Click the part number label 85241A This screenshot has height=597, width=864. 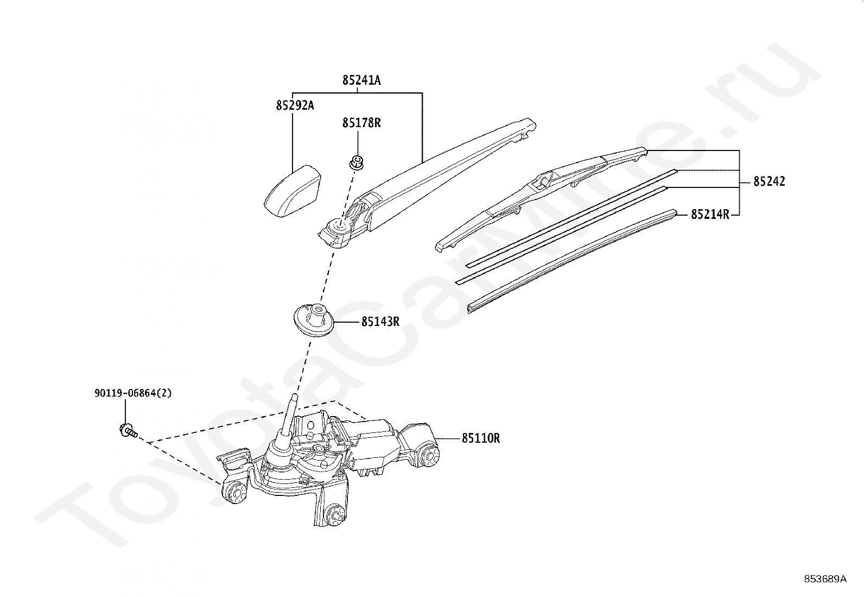tap(361, 80)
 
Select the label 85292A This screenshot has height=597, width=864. tap(295, 105)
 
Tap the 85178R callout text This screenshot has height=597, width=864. tap(361, 123)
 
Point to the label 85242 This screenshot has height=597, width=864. tap(769, 181)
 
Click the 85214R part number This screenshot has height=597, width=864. tap(710, 215)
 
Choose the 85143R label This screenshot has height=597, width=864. tap(380, 322)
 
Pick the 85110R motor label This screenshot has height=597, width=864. tap(481, 438)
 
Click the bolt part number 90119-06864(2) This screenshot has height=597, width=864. tap(133, 393)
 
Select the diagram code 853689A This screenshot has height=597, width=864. tap(825, 579)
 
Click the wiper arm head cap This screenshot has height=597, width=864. tap(293, 191)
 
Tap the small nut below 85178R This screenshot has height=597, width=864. tap(357, 162)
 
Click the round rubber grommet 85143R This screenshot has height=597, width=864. tap(314, 320)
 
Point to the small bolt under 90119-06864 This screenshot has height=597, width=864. tap(129, 431)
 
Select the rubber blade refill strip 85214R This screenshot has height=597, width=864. tap(572, 261)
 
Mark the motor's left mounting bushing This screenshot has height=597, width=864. tap(234, 493)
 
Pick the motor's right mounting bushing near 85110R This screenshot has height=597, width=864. tap(428, 456)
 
